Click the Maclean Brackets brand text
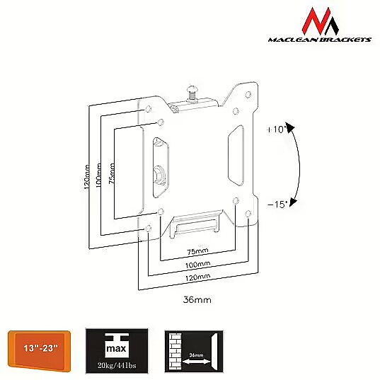pyautogui.click(x=319, y=40)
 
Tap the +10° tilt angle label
pyautogui.click(x=275, y=129)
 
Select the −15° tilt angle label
pyautogui.click(x=277, y=205)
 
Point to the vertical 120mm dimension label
pyautogui.click(x=87, y=177)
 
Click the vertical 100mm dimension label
pyautogui.click(x=98, y=175)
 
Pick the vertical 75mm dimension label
pyautogui.click(x=112, y=173)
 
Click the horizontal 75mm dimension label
pyautogui.click(x=197, y=251)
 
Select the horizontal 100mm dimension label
pyautogui.click(x=197, y=265)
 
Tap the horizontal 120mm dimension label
pyautogui.click(x=197, y=277)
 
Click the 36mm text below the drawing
pyautogui.click(x=197, y=300)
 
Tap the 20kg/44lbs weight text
pyautogui.click(x=117, y=365)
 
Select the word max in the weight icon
pyautogui.click(x=116, y=349)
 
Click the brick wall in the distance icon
pyautogui.click(x=175, y=352)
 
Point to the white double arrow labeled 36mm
pyautogui.click(x=196, y=362)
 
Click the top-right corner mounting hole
pyautogui.click(x=248, y=94)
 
